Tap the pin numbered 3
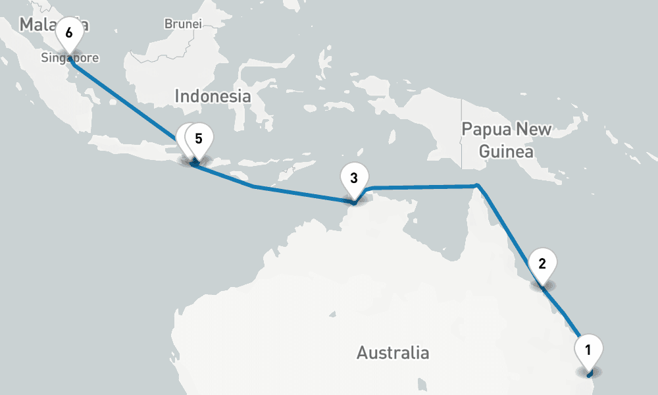coord(354,178)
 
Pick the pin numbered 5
coord(199,140)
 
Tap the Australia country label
coord(393,353)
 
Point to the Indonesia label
coord(213,96)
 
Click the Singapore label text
coord(70,58)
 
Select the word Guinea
coord(505,151)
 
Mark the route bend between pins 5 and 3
coord(253,186)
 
